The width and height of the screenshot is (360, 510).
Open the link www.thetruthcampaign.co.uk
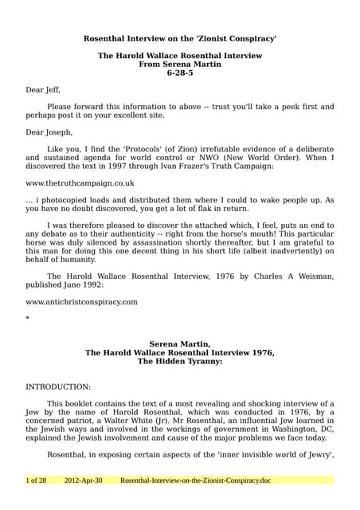coord(80,182)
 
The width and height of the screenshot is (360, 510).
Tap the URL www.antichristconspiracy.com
coord(81,302)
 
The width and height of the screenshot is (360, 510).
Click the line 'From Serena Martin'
coord(180,64)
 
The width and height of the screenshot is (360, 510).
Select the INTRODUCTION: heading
coord(58,386)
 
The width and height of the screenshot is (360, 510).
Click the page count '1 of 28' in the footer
coord(37,481)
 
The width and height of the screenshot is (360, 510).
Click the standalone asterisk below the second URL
coord(28,318)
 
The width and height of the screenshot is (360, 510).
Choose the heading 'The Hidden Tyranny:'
coord(180,361)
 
